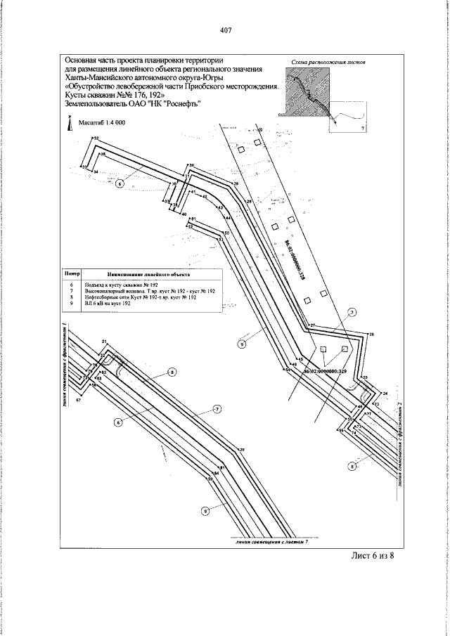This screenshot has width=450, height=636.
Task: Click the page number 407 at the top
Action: [225, 30]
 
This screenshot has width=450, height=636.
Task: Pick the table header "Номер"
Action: [73, 273]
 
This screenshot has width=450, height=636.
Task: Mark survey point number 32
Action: [96, 139]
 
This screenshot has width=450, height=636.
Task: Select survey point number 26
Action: [372, 334]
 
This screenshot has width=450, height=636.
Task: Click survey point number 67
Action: [79, 400]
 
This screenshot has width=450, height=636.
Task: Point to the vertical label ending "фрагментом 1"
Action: [64, 365]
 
